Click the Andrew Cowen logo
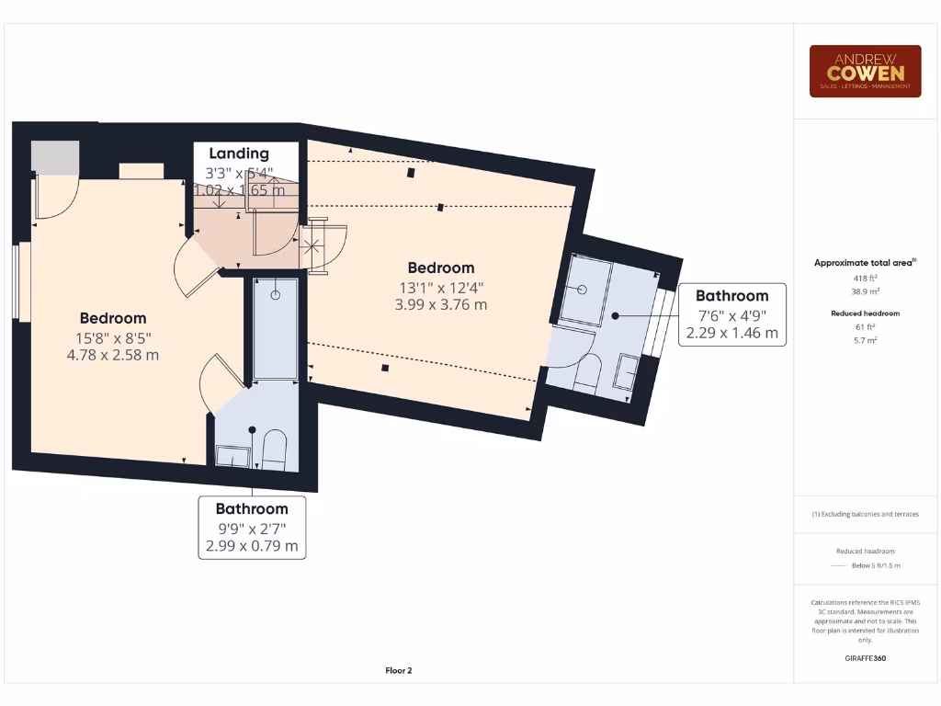tap(865, 72)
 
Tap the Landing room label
tap(239, 154)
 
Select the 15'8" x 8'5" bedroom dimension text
tap(113, 336)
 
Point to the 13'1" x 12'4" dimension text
tap(441, 287)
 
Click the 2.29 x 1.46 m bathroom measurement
tap(731, 333)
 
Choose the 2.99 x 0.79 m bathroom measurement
tap(252, 545)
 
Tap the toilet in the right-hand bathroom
tap(587, 372)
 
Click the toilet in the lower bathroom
tap(275, 450)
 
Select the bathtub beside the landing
tap(276, 328)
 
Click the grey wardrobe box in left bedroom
tap(56, 157)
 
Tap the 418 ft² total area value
tap(864, 276)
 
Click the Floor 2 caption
tap(399, 671)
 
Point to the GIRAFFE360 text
tap(865, 658)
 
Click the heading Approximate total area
tap(864, 263)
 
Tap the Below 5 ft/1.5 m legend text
tap(876, 565)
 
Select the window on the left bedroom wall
tap(17, 281)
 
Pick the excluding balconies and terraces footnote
tap(865, 514)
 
